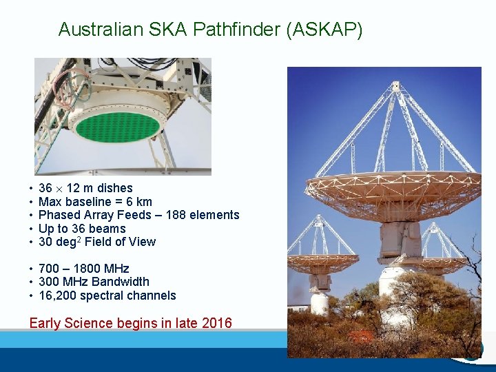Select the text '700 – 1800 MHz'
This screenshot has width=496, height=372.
[83, 269]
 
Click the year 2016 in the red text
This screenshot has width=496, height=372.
[216, 323]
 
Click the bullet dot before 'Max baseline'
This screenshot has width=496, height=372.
[32, 202]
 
